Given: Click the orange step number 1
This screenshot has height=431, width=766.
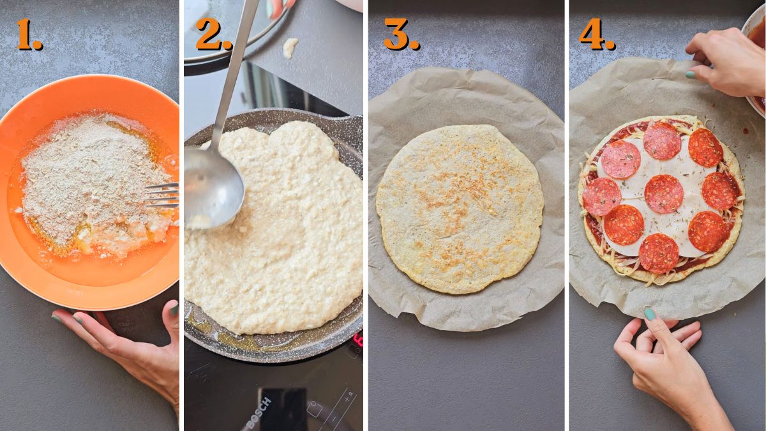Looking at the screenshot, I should click(x=29, y=35).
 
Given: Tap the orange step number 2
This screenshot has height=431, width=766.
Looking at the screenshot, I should click(x=213, y=35).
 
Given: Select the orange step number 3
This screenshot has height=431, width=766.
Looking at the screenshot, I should click(x=401, y=35).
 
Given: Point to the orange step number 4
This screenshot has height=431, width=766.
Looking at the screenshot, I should click(x=596, y=35).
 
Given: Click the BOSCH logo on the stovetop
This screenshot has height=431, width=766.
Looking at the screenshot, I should click(x=259, y=412).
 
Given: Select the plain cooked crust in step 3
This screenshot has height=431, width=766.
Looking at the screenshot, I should click(x=460, y=208).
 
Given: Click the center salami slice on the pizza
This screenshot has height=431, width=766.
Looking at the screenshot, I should click(x=663, y=193).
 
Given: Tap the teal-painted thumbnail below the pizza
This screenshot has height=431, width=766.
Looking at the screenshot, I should click(x=650, y=314).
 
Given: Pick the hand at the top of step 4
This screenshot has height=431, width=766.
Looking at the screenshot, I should click(x=728, y=61).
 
